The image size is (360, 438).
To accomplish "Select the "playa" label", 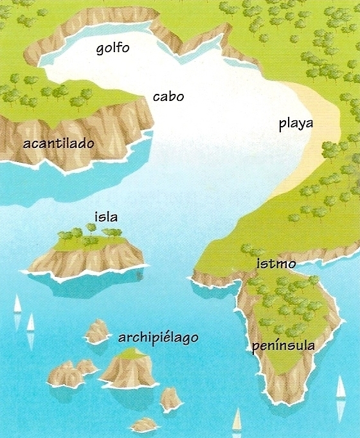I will coord(296,123).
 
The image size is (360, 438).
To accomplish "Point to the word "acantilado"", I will coord(59,143).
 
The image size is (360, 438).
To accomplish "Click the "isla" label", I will coord(105,217).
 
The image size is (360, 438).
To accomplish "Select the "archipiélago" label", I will coord(157,338).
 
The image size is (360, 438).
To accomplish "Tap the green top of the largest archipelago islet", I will coord(131,353).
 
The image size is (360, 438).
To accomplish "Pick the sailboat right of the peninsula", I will coord(341,388).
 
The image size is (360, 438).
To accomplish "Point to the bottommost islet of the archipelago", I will coord(144,424).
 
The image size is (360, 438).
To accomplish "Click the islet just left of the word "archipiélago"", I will coord(97,331).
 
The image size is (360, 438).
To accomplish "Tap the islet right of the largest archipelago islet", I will coord(170,399).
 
